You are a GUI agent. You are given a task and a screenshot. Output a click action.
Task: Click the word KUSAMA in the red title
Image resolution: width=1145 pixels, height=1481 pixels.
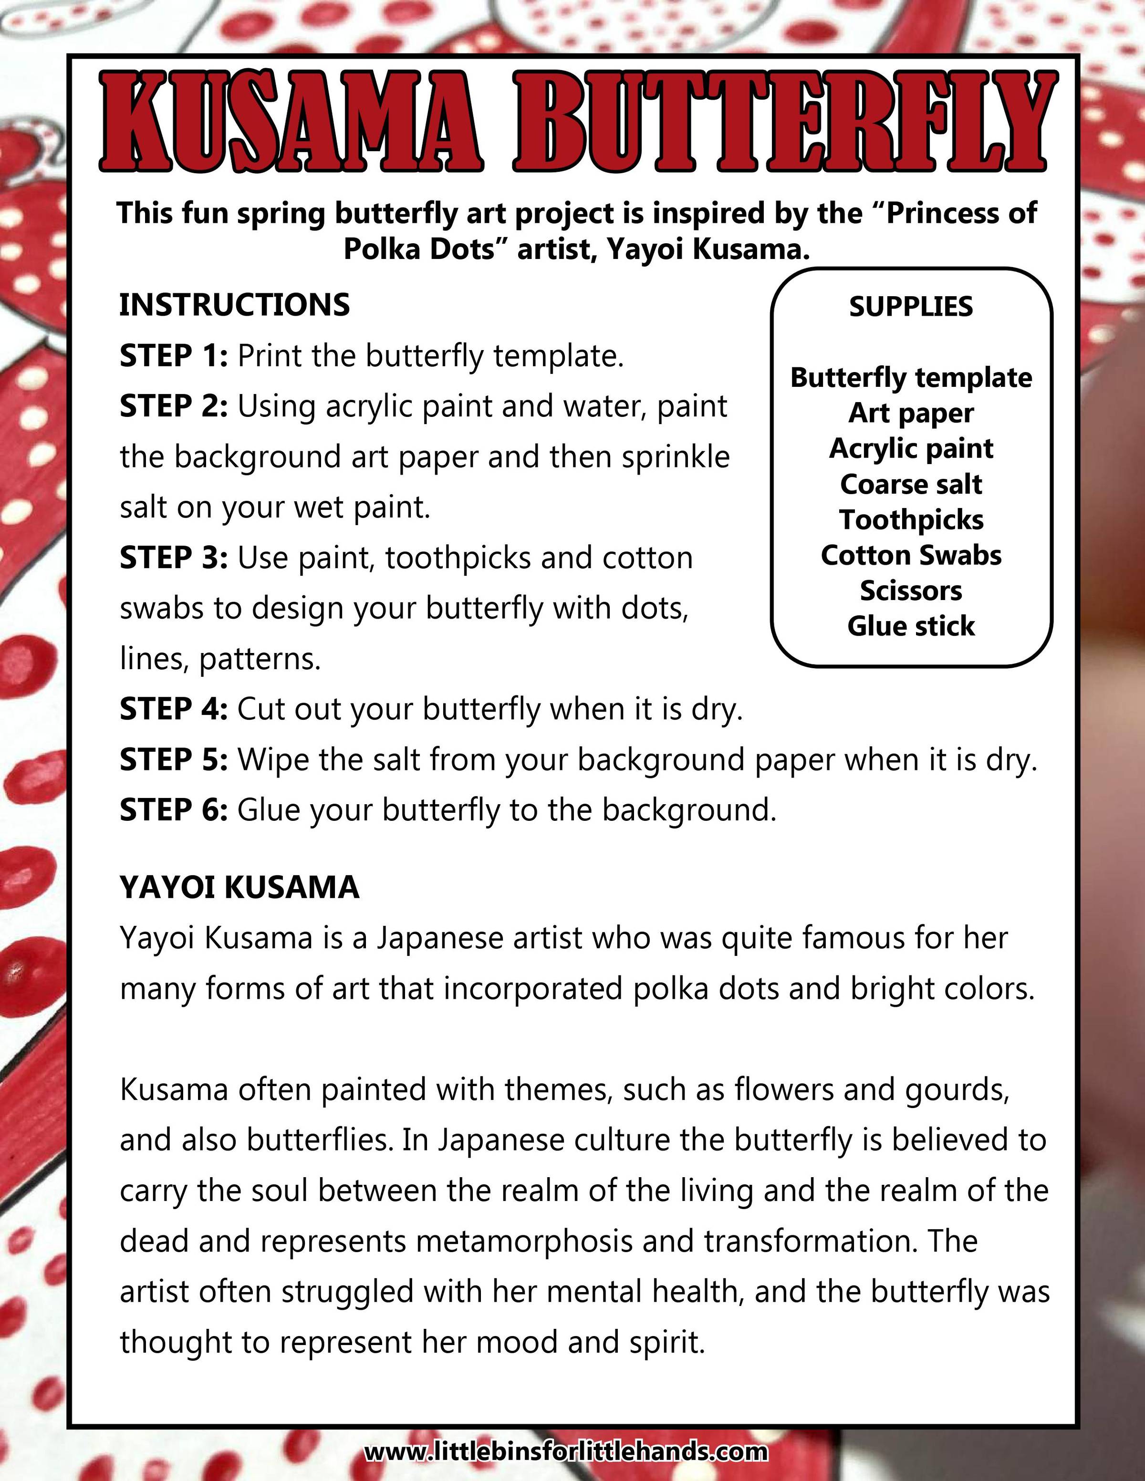click(291, 122)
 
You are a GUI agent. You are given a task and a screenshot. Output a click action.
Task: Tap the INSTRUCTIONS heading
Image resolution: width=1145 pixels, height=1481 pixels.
click(235, 305)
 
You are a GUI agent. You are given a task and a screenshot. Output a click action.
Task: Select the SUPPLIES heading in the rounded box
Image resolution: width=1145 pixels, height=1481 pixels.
click(911, 307)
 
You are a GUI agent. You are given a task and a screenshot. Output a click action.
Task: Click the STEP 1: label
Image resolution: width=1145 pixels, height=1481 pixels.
click(174, 356)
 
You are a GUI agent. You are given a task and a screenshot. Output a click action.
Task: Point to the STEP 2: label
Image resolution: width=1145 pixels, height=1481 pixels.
click(174, 406)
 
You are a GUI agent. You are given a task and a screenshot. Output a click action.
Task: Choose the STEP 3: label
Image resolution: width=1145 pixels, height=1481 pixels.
click(174, 558)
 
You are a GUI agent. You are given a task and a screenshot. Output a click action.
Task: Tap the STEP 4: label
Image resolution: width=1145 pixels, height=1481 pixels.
click(174, 709)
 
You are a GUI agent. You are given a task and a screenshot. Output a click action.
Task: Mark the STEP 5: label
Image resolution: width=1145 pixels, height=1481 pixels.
click(174, 759)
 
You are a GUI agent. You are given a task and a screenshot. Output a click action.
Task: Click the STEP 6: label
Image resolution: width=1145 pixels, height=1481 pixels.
click(174, 810)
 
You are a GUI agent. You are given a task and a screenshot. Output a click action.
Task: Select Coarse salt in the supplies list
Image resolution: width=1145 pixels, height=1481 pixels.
click(911, 484)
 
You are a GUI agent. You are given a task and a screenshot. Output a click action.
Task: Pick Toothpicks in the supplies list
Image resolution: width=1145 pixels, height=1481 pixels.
click(911, 520)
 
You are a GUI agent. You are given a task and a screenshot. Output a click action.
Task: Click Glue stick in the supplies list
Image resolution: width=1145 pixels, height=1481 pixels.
click(911, 626)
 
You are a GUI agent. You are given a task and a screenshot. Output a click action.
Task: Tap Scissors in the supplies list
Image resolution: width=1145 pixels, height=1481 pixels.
click(911, 590)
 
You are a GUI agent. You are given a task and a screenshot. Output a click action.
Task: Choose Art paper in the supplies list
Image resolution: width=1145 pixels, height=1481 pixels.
click(911, 413)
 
